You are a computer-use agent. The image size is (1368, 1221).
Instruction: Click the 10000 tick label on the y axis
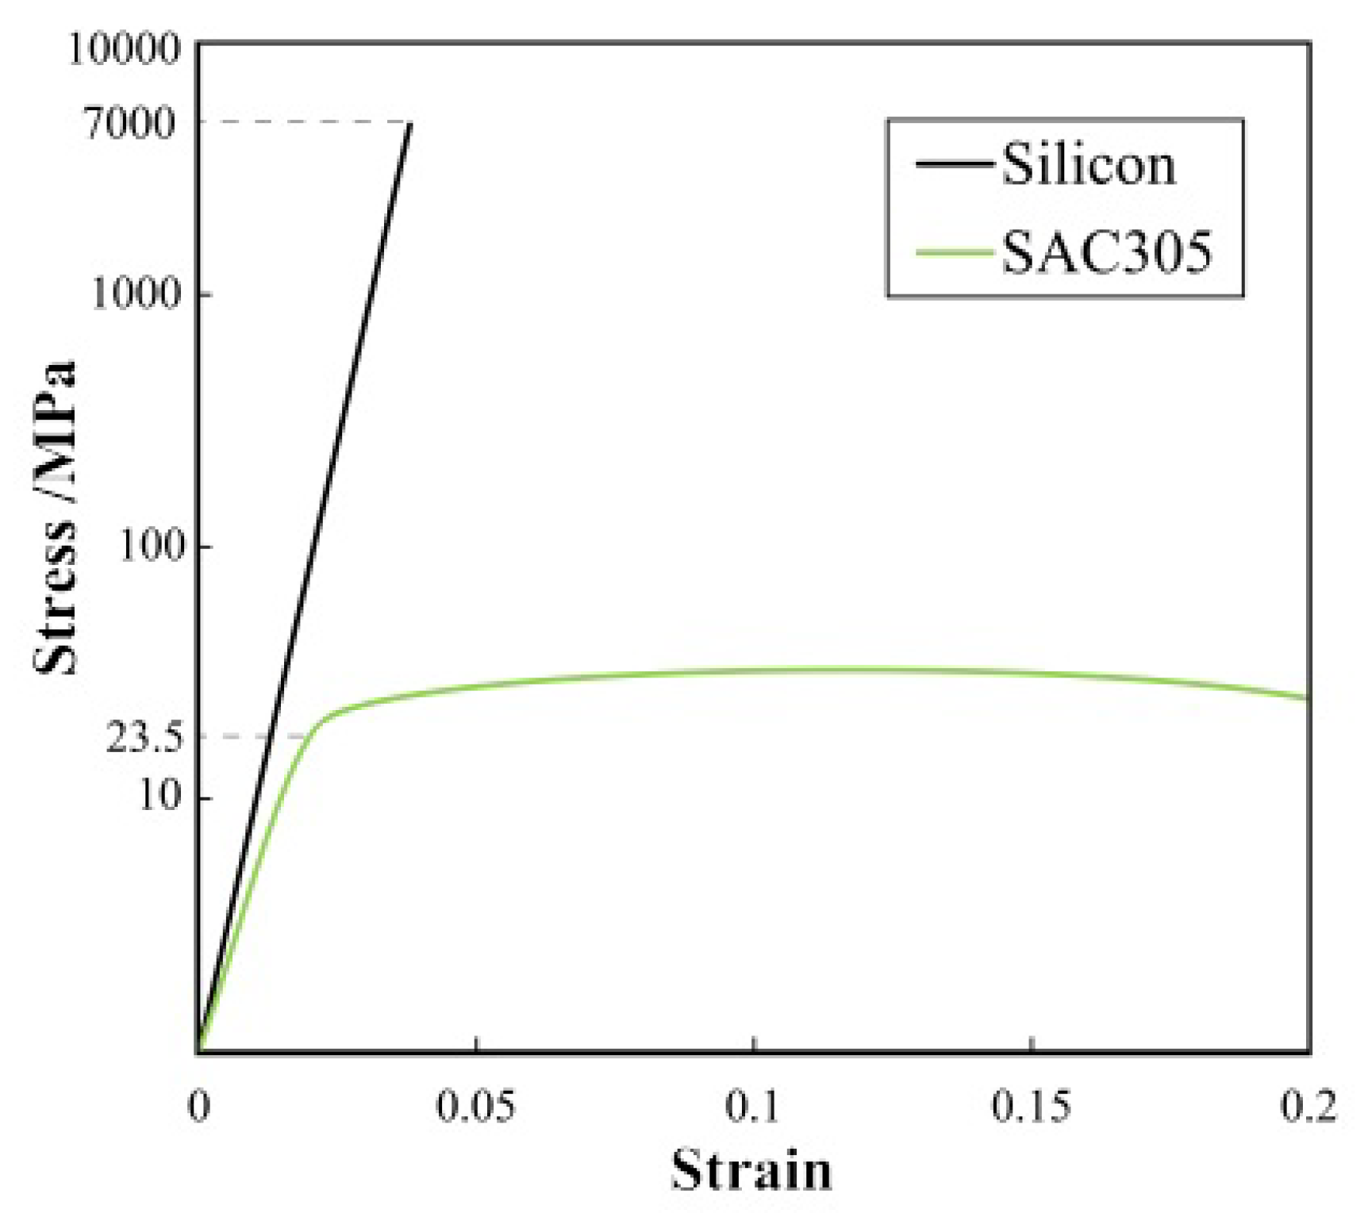coord(125,49)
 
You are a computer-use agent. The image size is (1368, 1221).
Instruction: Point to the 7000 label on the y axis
coord(132,123)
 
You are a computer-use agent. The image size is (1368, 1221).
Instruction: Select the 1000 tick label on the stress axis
coord(136,294)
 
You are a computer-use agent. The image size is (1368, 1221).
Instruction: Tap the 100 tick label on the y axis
coord(151,546)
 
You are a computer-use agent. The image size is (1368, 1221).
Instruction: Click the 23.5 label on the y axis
coord(144,738)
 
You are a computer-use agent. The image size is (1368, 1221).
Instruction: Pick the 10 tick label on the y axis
coord(160,796)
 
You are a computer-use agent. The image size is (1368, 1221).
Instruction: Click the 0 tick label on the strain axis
coord(198,1106)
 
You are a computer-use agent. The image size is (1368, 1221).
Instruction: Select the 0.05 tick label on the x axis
coord(475,1106)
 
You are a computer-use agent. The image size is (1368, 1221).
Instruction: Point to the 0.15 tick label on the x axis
coord(1031,1106)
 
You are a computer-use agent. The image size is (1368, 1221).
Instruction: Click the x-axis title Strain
coord(751,1170)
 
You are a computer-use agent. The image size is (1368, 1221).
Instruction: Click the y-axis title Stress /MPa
coord(56,517)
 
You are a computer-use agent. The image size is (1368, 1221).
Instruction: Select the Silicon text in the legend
coord(1088,165)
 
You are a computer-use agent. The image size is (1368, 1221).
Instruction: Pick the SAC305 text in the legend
coord(1107,253)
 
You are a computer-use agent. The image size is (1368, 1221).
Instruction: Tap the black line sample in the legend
coord(955,165)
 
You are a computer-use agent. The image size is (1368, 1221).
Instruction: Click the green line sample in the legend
coord(955,253)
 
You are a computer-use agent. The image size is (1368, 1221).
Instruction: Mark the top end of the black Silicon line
coord(410,124)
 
